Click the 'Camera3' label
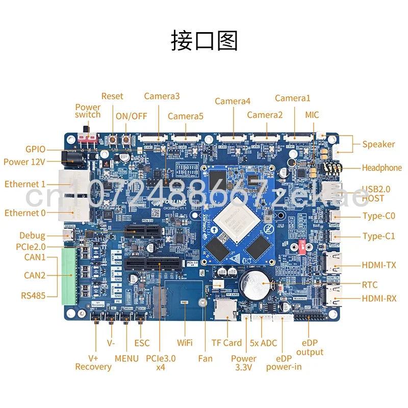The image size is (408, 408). tap(162, 96)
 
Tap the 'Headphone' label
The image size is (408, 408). tap(381, 168)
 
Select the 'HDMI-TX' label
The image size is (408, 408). tap(379, 265)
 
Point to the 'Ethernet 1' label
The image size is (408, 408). tap(25, 184)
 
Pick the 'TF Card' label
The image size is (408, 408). tap(226, 343)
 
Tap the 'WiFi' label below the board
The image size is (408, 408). tap(184, 343)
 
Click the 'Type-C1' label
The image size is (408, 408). tap(378, 236)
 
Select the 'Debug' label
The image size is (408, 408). tap(32, 236)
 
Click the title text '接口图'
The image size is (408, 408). tap(204, 40)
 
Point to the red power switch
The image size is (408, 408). tap(88, 138)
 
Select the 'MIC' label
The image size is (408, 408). tap(312, 115)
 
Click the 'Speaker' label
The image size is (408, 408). tap(378, 144)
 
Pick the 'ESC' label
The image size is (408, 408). tap(142, 343)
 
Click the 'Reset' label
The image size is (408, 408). tap(112, 96)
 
